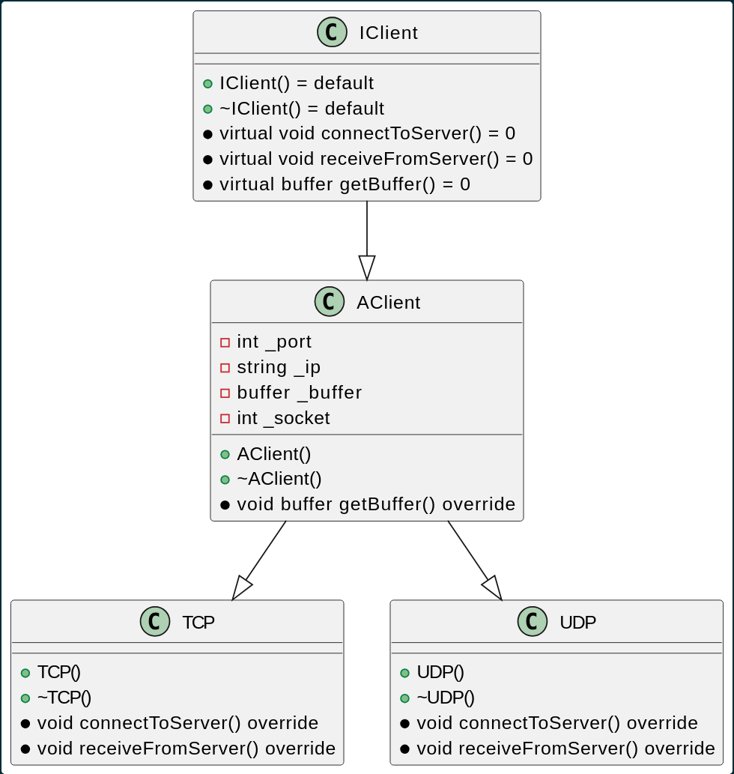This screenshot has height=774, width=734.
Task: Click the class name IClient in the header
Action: [388, 33]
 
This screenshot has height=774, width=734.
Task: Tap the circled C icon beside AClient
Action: [330, 302]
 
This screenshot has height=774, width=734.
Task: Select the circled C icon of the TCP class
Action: [155, 622]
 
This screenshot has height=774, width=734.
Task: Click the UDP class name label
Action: [577, 622]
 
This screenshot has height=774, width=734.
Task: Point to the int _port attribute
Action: [273, 342]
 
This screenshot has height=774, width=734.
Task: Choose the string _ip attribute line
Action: [278, 367]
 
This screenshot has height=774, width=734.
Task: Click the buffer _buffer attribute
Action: [299, 393]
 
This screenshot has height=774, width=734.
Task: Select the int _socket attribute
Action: [283, 418]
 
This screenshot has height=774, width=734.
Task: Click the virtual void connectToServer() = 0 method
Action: [367, 134]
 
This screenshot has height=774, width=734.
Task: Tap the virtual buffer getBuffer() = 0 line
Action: [345, 184]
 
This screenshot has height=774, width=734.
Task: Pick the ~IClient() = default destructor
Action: [301, 109]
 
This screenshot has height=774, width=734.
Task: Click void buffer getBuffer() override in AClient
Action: [376, 504]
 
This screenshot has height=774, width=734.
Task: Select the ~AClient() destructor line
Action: [279, 479]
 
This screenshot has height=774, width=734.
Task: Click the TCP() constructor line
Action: [58, 673]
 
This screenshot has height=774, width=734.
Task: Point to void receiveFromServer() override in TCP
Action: [186, 749]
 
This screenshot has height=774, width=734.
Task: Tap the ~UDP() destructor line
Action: [445, 698]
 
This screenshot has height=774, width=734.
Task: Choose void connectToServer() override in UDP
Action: [557, 723]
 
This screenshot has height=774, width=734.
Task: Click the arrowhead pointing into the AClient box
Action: [367, 268]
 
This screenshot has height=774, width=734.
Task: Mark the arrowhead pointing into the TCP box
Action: [241, 588]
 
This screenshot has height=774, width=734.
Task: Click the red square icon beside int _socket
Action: [225, 418]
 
